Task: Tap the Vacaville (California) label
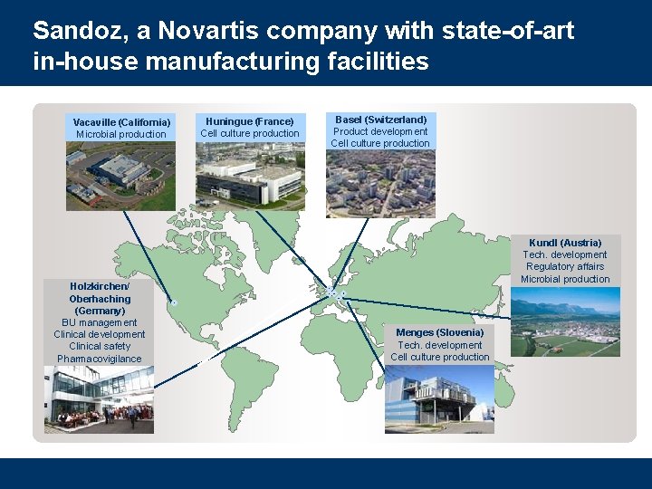click(121, 122)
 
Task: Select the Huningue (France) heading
click(250, 121)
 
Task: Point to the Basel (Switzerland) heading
click(380, 120)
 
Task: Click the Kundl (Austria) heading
click(566, 243)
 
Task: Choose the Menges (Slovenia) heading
click(440, 332)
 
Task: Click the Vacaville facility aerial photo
click(120, 176)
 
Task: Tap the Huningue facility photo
click(250, 175)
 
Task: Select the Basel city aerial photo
click(380, 183)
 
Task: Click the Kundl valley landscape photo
click(566, 321)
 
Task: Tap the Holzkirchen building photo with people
click(99, 399)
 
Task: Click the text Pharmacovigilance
click(100, 359)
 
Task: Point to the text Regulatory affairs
click(565, 267)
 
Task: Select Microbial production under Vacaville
click(121, 134)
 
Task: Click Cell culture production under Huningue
click(250, 133)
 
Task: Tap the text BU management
click(100, 322)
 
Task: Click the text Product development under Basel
click(380, 131)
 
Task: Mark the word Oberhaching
click(100, 299)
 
